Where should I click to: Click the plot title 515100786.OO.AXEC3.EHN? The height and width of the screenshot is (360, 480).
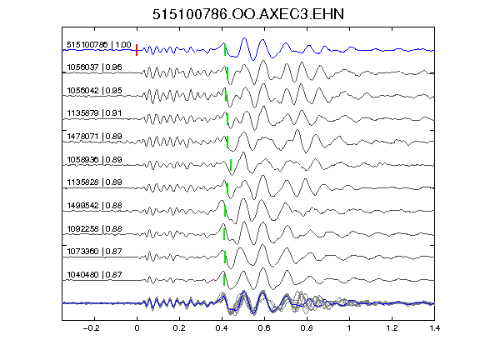248,14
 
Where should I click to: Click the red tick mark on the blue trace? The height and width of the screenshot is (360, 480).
137,50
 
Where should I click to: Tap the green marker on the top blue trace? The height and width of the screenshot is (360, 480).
225,50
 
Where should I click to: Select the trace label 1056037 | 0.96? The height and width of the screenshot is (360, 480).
94,67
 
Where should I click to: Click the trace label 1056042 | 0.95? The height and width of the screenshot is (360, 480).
94,91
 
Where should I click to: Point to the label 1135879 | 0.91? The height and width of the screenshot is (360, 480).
94,113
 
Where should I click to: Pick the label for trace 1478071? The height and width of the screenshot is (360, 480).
94,136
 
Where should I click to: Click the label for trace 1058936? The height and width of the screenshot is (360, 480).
94,160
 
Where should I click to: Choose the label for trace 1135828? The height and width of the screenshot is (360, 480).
94,182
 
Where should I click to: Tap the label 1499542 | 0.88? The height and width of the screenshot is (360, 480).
94,205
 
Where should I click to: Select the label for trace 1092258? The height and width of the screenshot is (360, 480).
94,229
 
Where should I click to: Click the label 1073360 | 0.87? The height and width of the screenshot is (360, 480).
94,252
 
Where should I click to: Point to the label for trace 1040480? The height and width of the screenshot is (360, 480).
94,275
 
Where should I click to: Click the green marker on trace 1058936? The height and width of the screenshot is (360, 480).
231,165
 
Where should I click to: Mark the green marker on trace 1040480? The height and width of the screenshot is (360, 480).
224,280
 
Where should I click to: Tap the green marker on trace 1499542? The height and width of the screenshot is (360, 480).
225,211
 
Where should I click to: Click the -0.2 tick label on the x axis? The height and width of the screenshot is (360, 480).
91,328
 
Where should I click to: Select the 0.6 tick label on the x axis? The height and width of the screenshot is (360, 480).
264,328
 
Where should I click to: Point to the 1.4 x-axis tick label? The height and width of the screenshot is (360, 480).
435,328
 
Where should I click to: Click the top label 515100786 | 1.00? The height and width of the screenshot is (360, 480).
99,45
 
